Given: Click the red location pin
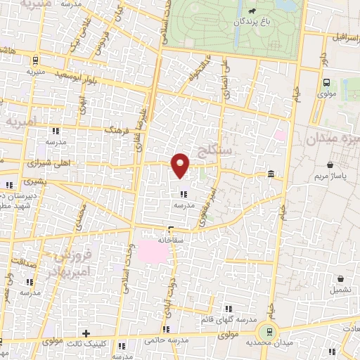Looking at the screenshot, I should pos(181,165).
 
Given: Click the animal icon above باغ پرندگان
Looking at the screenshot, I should pos(252,11).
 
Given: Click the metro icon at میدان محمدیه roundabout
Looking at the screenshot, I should pos(266,332).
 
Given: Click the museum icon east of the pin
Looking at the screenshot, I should pos(271,174).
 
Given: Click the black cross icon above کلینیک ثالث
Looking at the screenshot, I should pos(86,333).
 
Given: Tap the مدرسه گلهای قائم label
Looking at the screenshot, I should pos(227,320).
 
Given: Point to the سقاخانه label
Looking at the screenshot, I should pos(171,239).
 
